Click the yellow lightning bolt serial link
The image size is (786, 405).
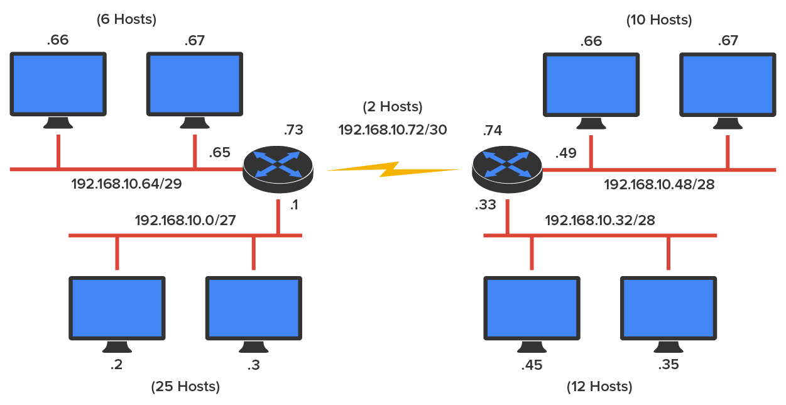392,169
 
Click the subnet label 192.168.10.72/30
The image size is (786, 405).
393,130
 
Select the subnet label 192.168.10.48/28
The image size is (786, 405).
659,185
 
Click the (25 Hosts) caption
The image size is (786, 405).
185,386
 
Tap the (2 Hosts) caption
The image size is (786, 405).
393,107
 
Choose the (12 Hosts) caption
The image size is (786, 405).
599,386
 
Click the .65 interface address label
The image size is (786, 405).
219,153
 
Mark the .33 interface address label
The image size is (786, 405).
488,205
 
